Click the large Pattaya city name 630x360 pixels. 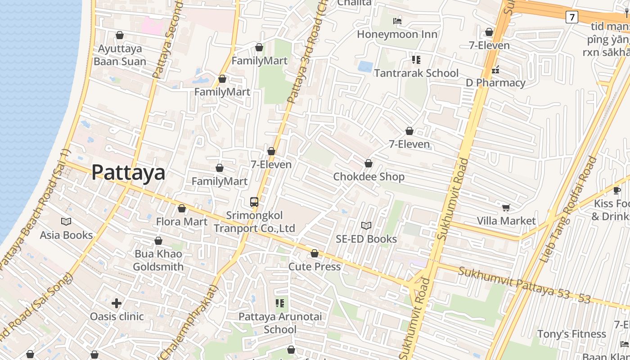[x=128, y=173]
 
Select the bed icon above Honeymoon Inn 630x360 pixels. [x=397, y=21]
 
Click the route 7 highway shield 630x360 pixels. [x=571, y=18]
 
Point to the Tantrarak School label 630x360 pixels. [x=416, y=73]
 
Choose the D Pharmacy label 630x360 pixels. [x=495, y=83]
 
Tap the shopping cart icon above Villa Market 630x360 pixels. [x=506, y=207]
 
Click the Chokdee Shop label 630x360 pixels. [x=369, y=177]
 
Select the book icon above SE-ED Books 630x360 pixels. [x=366, y=225]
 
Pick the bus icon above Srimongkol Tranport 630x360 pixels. [x=254, y=202]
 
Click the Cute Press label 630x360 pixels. [x=315, y=267]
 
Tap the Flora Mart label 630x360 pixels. [x=182, y=222]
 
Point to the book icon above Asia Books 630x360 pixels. [x=66, y=221]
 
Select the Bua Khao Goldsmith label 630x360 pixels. [x=158, y=261]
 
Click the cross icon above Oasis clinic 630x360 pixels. [x=117, y=303]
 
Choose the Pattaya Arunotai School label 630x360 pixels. [x=280, y=323]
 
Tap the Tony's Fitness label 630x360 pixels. [x=571, y=334]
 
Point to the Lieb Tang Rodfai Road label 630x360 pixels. [x=569, y=210]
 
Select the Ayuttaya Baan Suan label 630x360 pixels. [x=120, y=55]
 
